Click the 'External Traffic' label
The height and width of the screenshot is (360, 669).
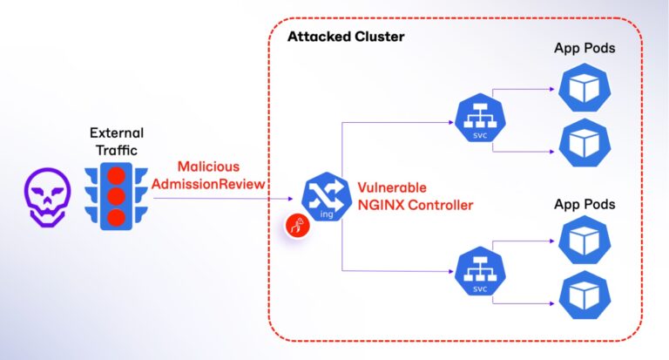click(117, 141)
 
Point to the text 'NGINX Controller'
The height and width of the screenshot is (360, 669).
click(415, 206)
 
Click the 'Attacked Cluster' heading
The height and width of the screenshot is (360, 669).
click(345, 38)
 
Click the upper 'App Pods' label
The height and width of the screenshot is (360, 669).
click(585, 48)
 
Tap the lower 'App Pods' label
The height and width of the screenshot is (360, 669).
click(585, 204)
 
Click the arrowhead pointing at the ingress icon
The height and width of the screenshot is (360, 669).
click(294, 199)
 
